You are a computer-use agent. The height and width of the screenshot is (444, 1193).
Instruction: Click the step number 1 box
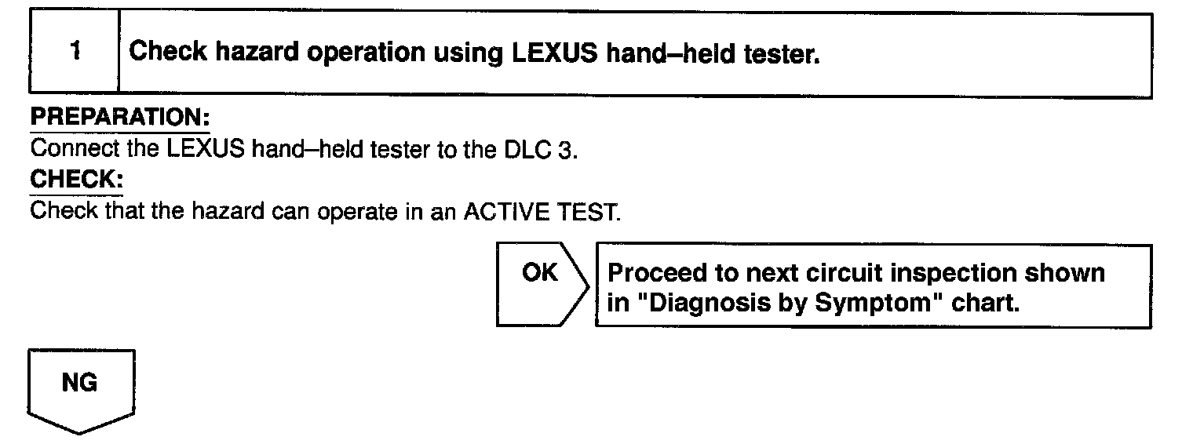click(75, 53)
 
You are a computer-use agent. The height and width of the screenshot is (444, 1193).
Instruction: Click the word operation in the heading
click(358, 53)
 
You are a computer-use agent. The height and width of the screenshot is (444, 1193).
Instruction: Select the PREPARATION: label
click(119, 118)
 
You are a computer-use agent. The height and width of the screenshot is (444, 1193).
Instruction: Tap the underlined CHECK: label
click(76, 180)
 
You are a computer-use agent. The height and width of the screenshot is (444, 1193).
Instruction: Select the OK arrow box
click(542, 286)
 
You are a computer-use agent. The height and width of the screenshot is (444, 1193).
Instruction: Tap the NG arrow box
click(81, 389)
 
